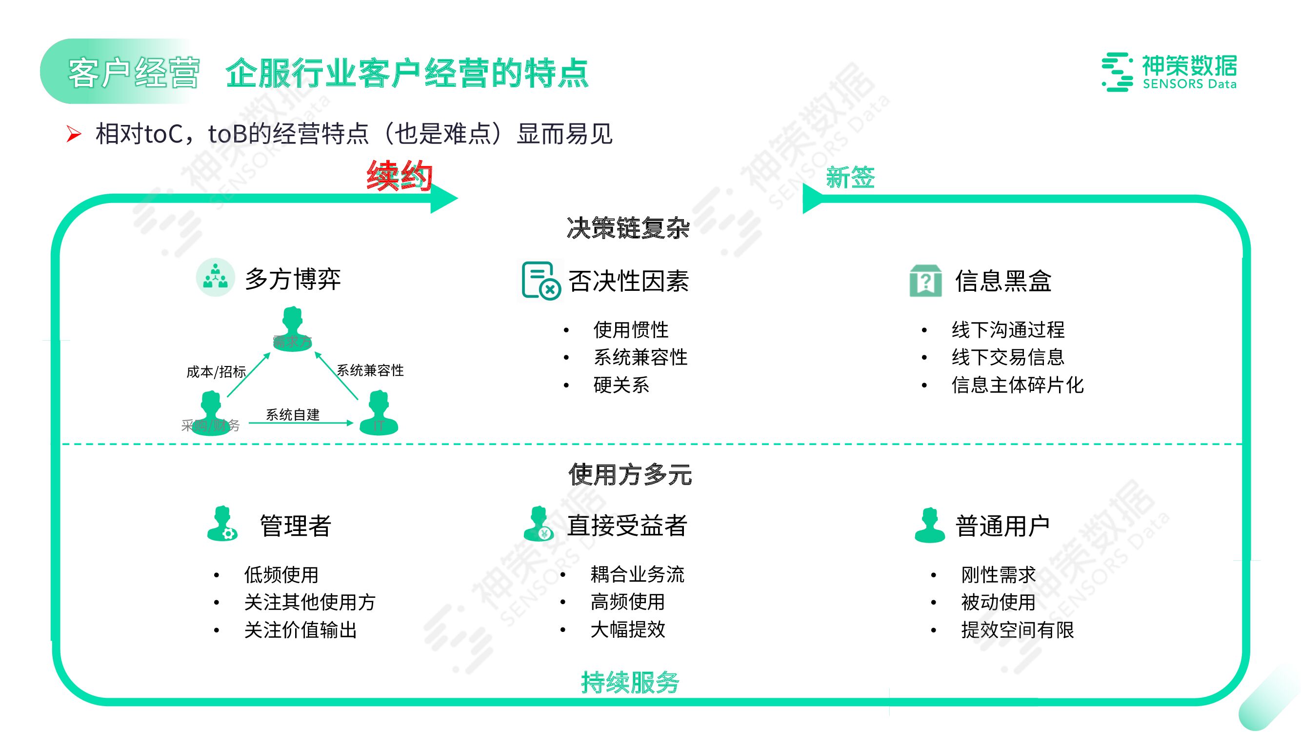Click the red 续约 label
400,176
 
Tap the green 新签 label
850,178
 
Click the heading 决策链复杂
628,228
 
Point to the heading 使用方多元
630,474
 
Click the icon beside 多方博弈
216,277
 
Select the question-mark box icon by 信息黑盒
925,281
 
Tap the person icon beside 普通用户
929,526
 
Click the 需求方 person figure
292,328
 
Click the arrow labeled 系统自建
301,423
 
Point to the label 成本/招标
216,372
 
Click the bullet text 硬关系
621,385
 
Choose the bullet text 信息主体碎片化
1018,385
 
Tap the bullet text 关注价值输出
300,630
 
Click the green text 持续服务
630,683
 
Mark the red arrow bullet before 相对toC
74,134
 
